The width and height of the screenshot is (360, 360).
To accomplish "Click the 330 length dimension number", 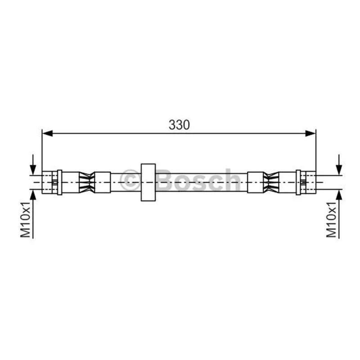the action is point(179,125).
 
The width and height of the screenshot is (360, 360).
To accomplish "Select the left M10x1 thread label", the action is point(26,220).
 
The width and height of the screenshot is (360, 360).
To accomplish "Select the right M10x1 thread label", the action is point(332,220).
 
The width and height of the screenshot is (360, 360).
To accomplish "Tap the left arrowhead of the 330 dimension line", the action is point(48,133).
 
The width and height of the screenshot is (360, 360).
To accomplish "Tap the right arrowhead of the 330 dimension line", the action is point(310,133).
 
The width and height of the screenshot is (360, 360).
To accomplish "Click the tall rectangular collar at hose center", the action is point(148,182).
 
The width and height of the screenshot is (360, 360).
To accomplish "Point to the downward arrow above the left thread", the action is point(33,165).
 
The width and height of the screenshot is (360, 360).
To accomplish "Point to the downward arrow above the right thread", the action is point(339,165).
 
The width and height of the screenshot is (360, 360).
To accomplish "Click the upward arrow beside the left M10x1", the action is point(33,214).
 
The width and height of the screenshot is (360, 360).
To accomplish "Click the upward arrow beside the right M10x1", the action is point(339,214).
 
